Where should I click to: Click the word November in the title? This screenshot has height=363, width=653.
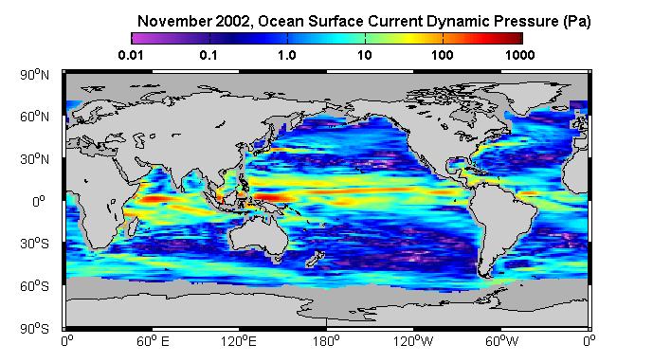coord(174,21)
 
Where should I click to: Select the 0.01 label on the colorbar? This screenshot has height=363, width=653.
coord(131,55)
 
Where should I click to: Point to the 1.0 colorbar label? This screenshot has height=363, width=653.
coord(287,55)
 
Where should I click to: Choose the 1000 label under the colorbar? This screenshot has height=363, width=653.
coord(520,55)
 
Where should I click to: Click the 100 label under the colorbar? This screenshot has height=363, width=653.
coord(443,55)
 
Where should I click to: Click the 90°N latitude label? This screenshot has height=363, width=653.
coord(34,75)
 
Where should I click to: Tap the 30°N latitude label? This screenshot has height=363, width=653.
coord(34,159)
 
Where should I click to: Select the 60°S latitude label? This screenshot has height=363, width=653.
coord(34,286)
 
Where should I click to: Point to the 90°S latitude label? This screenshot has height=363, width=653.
coord(34,329)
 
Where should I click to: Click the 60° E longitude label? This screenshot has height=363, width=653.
coord(153,341)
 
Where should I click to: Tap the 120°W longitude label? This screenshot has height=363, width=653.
coord(413,341)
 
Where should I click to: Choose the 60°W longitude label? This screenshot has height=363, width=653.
coord(501,341)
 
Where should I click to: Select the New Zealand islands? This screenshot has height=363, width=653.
coord(315,259)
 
